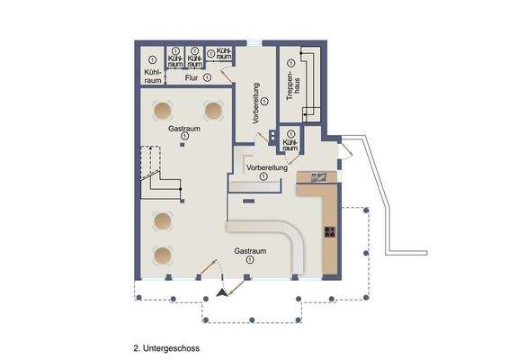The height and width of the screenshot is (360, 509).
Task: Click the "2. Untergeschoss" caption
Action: click(166, 348)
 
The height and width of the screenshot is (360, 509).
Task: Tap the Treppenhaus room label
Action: click(293, 85)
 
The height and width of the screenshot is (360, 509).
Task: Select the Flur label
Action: click(192, 77)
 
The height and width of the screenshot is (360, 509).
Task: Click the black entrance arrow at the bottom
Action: click(222, 292)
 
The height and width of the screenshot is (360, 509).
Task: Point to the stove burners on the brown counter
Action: click(330, 231)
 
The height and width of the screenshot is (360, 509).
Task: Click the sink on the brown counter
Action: click(319, 178)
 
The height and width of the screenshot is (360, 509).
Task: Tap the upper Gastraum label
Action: click(184, 129)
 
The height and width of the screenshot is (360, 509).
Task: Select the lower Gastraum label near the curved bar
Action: click(250, 251)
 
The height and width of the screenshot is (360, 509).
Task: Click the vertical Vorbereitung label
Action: click(256, 103)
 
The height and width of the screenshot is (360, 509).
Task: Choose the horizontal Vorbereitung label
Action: click(267, 167)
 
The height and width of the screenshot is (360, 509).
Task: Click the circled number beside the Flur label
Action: click(207, 77)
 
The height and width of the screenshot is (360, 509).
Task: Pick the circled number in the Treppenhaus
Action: click(290, 63)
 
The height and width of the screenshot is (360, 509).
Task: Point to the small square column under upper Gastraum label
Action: click(183, 145)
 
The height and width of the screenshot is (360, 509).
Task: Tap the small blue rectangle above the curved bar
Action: click(249, 202)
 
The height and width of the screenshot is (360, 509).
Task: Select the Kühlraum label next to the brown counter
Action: click(290, 145)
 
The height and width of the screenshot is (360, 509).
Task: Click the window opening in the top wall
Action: click(254, 43)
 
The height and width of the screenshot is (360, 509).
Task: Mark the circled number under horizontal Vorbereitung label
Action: click(263, 176)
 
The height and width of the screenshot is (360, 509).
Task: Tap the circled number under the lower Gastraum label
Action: click(250, 259)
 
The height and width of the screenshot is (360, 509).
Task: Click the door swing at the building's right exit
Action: click(347, 152)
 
